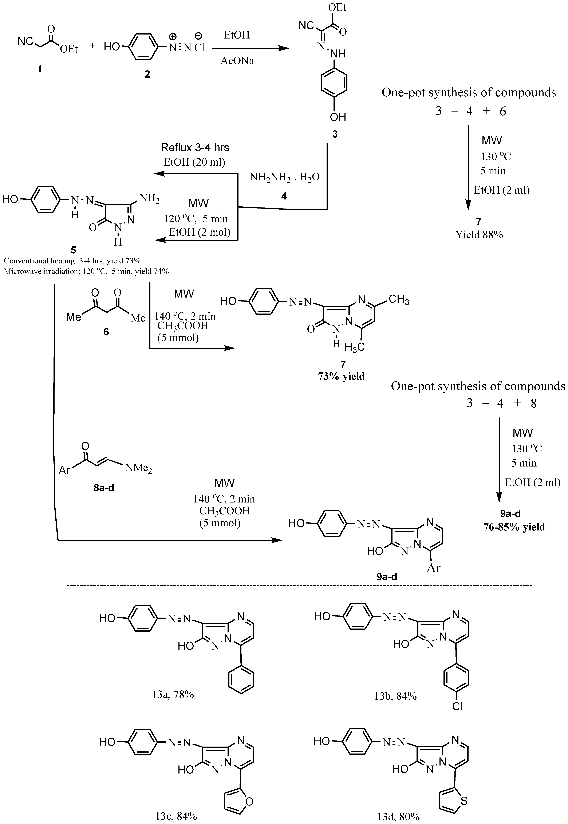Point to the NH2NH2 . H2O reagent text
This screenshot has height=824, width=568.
[284, 177]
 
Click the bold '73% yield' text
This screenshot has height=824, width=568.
[341, 376]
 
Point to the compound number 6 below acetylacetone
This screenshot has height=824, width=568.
[106, 332]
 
